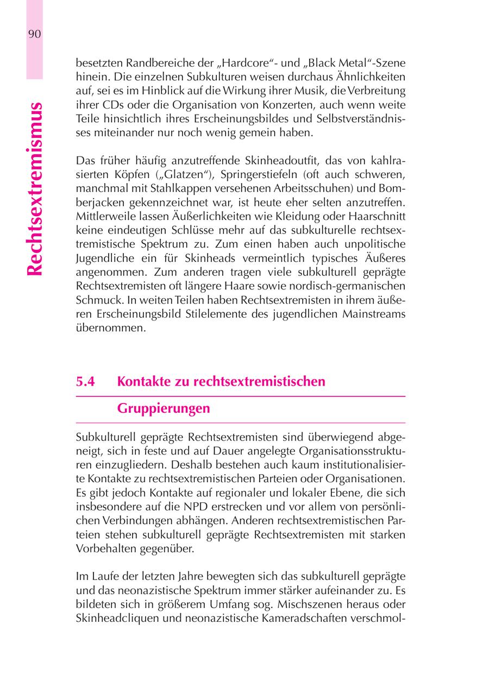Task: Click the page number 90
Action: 34,34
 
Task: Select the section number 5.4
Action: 86,382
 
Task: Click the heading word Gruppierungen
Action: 164,409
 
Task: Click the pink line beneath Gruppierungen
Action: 241,423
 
